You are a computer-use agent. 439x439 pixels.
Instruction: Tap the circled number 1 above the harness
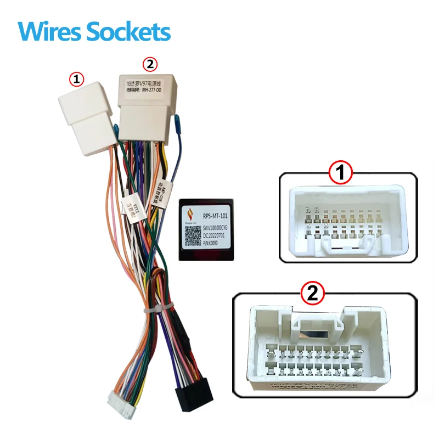76,79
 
